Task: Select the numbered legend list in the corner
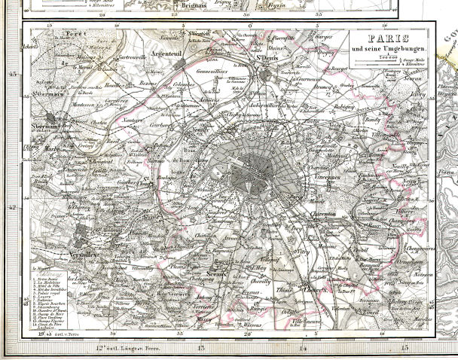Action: pos(56,297)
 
